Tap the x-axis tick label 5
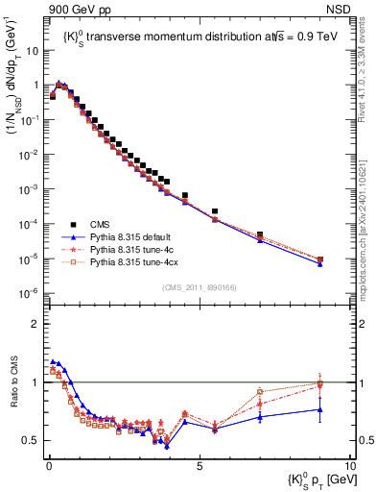(199, 464)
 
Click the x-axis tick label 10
(349, 464)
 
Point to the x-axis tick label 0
(47, 464)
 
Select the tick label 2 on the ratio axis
(37, 324)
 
